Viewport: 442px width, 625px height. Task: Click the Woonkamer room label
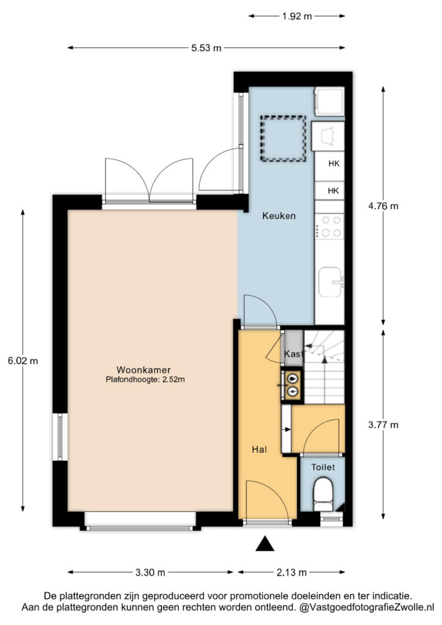click(x=143, y=369)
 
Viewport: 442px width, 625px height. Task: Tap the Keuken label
click(x=279, y=215)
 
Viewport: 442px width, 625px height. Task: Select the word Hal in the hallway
click(x=259, y=450)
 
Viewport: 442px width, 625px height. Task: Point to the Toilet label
click(x=323, y=467)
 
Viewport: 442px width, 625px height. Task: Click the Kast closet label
click(x=294, y=353)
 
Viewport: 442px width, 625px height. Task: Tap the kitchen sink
click(x=331, y=282)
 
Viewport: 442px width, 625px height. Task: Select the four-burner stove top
click(x=329, y=226)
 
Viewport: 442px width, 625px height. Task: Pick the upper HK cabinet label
click(x=334, y=164)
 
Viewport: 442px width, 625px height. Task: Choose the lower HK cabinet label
click(x=333, y=191)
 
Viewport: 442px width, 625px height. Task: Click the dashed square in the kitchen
click(x=283, y=139)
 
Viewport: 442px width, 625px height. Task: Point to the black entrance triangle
click(x=264, y=544)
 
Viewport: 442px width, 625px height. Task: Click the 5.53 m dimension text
click(x=206, y=48)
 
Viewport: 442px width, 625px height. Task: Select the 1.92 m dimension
click(x=297, y=16)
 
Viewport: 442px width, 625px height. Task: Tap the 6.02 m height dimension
click(x=23, y=361)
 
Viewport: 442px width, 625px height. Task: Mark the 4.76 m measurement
click(x=383, y=206)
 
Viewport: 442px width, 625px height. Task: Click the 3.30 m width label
click(x=150, y=573)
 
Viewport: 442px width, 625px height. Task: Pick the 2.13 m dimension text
click(x=292, y=573)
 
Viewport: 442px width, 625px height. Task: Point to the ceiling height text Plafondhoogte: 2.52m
click(x=145, y=380)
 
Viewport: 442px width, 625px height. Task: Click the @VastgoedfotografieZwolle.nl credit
click(x=366, y=607)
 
